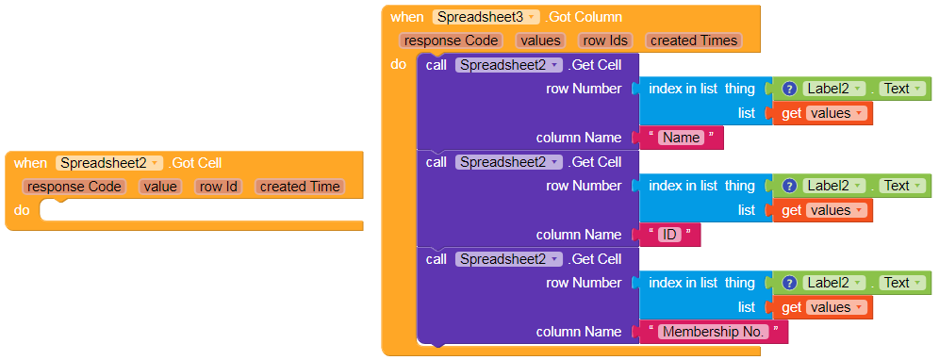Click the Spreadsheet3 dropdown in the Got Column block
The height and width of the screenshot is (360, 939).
pyautogui.click(x=486, y=17)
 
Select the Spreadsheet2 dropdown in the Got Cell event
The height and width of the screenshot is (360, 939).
pyautogui.click(x=109, y=162)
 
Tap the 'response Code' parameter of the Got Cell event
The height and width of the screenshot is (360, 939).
pyautogui.click(x=74, y=187)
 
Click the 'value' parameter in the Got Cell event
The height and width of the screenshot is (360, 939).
pyautogui.click(x=160, y=187)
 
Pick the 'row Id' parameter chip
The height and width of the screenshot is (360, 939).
pyautogui.click(x=219, y=187)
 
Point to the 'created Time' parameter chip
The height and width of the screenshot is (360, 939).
pyautogui.click(x=300, y=187)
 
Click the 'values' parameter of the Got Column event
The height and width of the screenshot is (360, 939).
pyautogui.click(x=541, y=41)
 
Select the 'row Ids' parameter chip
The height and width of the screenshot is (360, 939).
pyautogui.click(x=605, y=41)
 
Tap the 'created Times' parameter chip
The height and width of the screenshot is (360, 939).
pyautogui.click(x=694, y=41)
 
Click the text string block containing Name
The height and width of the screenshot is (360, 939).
pyautogui.click(x=682, y=138)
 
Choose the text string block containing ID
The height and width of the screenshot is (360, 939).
pyautogui.click(x=669, y=235)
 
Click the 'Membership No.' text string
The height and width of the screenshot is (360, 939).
pyautogui.click(x=714, y=332)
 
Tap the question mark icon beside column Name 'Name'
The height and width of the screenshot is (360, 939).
pyautogui.click(x=789, y=89)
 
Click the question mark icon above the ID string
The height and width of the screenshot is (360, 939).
pyautogui.click(x=789, y=186)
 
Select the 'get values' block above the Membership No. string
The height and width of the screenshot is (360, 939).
pyautogui.click(x=822, y=307)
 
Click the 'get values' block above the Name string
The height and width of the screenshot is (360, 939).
pyautogui.click(x=822, y=113)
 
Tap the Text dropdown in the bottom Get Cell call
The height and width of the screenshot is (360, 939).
pyautogui.click(x=902, y=283)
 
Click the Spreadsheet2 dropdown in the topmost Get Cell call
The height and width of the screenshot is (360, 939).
pyautogui.click(x=509, y=65)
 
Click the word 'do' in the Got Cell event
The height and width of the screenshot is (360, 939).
pyautogui.click(x=21, y=210)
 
